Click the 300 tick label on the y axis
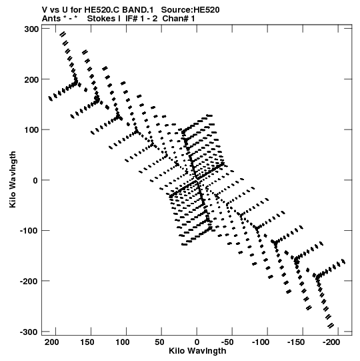[x=31, y=29]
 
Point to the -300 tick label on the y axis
[x=29, y=332]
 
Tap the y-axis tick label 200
[x=31, y=79]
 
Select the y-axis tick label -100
[x=29, y=231]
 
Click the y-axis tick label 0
[x=35, y=180]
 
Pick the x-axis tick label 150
[x=87, y=342]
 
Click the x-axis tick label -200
[x=331, y=342]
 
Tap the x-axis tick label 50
[x=159, y=342]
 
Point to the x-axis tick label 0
[x=197, y=342]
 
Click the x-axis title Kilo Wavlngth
[x=197, y=351]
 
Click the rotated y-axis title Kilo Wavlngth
[x=13, y=179]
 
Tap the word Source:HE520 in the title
[x=190, y=10]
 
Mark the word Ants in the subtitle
[x=51, y=19]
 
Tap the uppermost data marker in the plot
[x=63, y=34]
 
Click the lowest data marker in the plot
[x=331, y=326]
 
